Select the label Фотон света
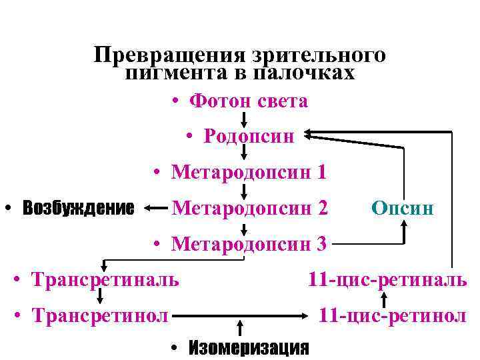pos(248,101)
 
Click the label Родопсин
pos(249,136)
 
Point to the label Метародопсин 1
pos(249,173)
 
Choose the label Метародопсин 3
pos(249,244)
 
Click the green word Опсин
pos(403,209)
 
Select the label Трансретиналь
pos(105,278)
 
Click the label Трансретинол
pos(99,314)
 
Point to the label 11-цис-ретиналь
pos(387,278)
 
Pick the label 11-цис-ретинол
pos(392,314)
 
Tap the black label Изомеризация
pos(249,347)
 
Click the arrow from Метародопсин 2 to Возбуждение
pos(155,208)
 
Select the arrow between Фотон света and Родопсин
pos(244,120)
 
